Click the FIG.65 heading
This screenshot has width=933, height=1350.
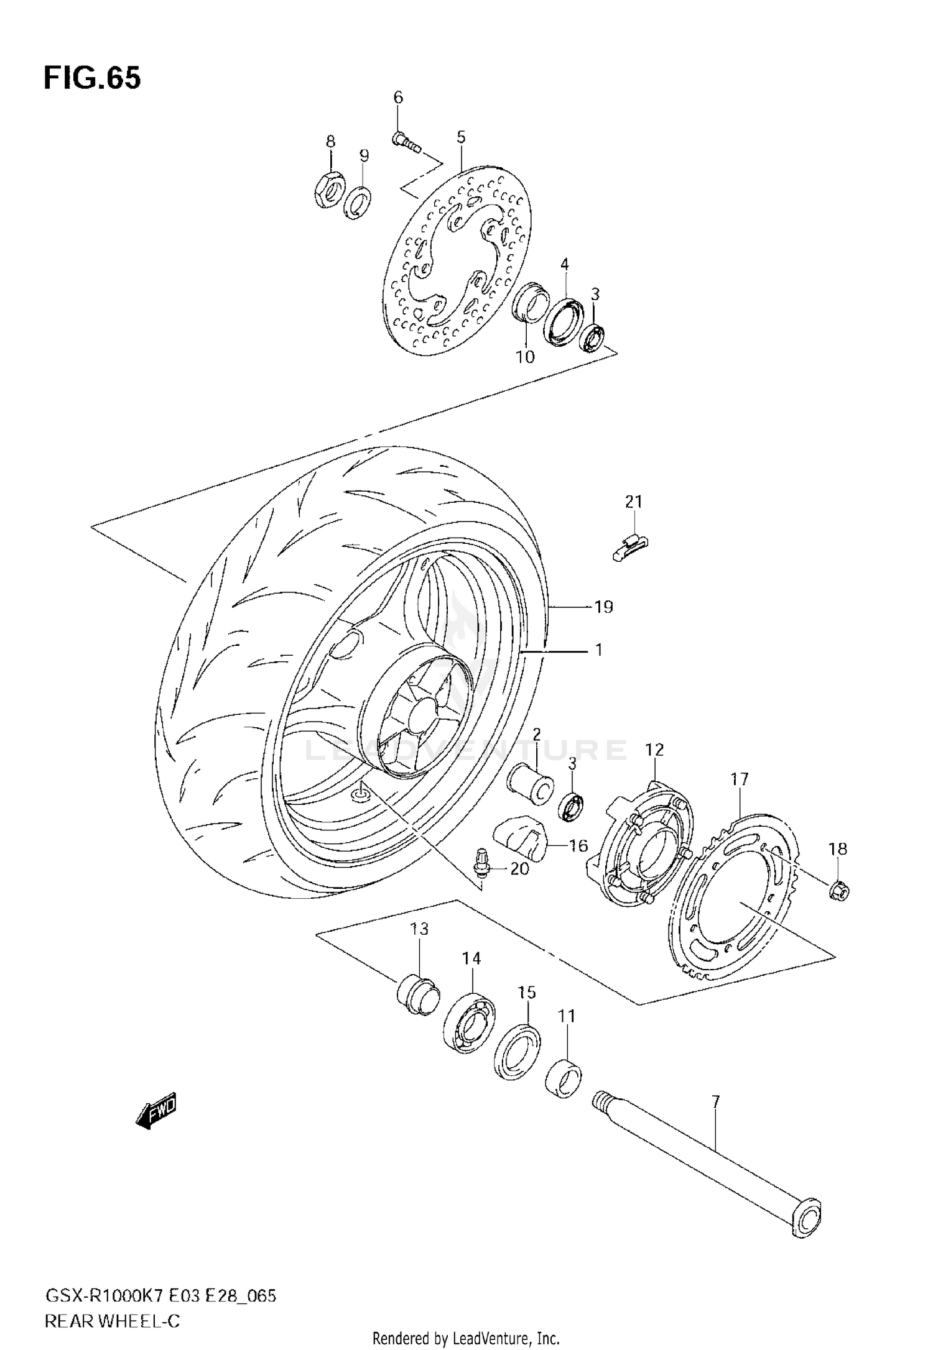pos(92,78)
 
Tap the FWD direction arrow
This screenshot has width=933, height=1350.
pos(156,1110)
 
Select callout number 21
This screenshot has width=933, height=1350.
pos(633,502)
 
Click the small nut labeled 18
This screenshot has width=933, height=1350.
pos(839,893)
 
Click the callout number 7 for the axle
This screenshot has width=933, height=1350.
pos(715,1103)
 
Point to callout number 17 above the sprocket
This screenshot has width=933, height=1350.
pos(739,779)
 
